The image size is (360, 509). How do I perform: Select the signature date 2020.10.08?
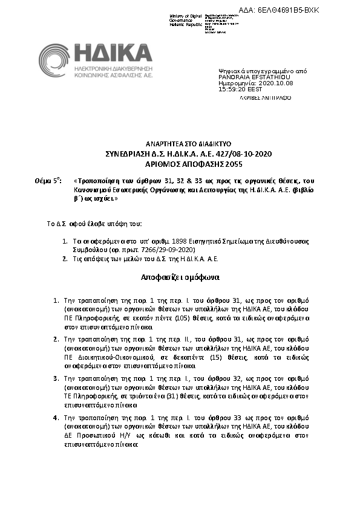(260, 83)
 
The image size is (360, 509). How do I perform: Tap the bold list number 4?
(56, 417)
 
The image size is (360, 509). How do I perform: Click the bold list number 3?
(56, 378)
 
